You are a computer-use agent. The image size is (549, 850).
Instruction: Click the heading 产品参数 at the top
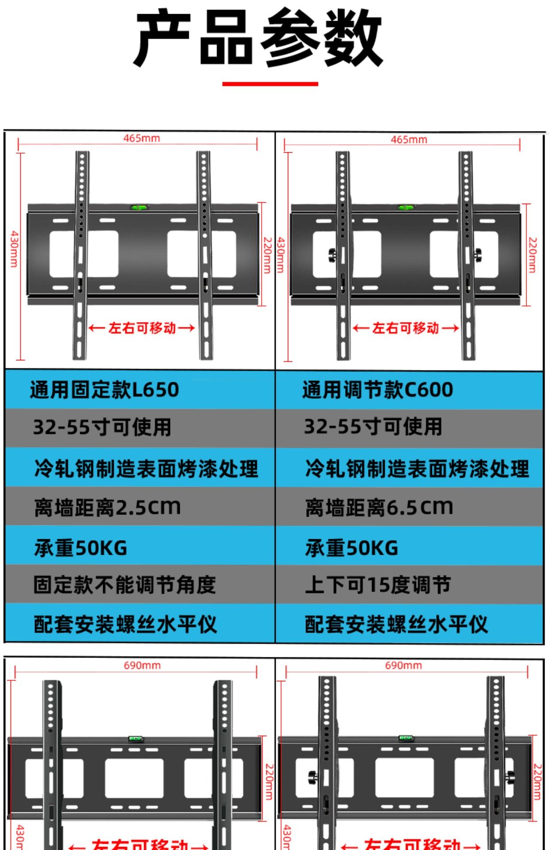click(x=258, y=37)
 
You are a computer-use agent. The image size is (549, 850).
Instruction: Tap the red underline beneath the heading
click(x=270, y=83)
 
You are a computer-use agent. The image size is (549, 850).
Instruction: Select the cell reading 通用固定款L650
click(x=104, y=390)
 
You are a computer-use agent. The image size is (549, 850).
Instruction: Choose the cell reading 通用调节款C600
click(x=378, y=390)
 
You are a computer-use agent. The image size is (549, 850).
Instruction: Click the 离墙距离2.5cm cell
click(x=108, y=507)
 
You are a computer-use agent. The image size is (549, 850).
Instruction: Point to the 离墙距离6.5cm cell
click(x=379, y=507)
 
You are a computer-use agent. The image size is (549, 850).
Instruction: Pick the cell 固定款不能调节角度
click(x=125, y=585)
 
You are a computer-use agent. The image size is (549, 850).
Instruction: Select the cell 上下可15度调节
click(x=378, y=585)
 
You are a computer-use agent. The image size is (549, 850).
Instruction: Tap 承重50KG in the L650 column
click(x=81, y=548)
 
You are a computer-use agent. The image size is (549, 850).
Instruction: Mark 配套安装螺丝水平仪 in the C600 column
click(x=396, y=625)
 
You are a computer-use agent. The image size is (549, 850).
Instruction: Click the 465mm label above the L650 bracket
click(x=142, y=138)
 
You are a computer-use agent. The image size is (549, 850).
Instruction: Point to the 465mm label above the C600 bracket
click(x=409, y=139)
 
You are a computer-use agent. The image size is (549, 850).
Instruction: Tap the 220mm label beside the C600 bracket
click(x=533, y=255)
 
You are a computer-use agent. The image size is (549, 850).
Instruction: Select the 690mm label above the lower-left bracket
click(x=142, y=665)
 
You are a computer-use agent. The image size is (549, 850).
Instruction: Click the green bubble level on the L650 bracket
click(x=139, y=207)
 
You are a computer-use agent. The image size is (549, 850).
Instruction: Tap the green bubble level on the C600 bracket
click(x=406, y=207)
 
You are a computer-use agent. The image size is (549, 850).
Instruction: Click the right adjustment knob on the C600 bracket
click(x=478, y=254)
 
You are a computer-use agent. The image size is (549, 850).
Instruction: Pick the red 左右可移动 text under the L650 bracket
click(x=142, y=328)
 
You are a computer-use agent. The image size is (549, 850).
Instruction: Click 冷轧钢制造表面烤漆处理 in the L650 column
click(x=146, y=469)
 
